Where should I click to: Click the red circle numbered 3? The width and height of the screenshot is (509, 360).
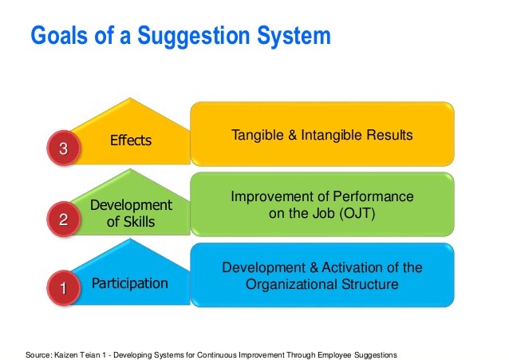click(x=64, y=148)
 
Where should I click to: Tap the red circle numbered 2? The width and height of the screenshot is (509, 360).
click(x=64, y=219)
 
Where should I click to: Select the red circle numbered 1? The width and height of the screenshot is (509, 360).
click(x=64, y=288)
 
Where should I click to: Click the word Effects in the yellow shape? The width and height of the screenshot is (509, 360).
click(x=131, y=140)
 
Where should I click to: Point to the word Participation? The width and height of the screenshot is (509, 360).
click(x=130, y=283)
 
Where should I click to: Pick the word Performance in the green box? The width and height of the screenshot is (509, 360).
click(x=373, y=196)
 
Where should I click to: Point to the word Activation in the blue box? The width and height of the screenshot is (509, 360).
click(x=353, y=267)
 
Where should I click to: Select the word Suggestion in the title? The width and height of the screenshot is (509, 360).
click(x=194, y=36)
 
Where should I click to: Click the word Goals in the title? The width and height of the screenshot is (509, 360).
click(x=59, y=35)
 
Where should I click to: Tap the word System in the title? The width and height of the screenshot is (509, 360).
click(x=294, y=36)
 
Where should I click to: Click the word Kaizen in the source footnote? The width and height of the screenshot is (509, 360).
click(x=64, y=354)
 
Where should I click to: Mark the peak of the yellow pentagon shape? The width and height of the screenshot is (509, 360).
click(x=130, y=98)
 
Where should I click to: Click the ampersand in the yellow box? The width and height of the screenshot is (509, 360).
click(x=293, y=135)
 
